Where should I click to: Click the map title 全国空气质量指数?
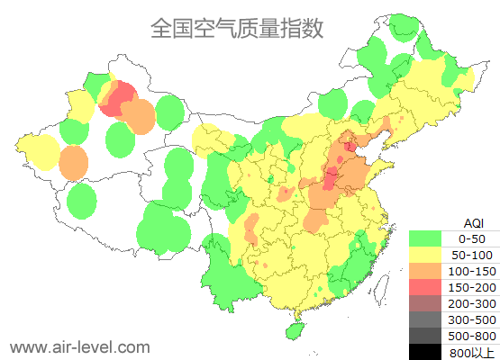pyautogui.click(x=237, y=29)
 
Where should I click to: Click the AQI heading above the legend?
pyautogui.click(x=472, y=222)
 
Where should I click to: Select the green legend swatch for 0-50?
pyautogui.click(x=425, y=238)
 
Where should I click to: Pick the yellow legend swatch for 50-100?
pyautogui.click(x=425, y=255)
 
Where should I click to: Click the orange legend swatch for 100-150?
pyautogui.click(x=425, y=271)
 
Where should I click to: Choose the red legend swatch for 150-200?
pyautogui.click(x=425, y=287)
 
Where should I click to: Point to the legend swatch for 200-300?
pyautogui.click(x=425, y=303)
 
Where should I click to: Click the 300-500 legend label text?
pyautogui.click(x=472, y=319)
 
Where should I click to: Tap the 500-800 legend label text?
pyautogui.click(x=472, y=336)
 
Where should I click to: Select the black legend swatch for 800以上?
pyautogui.click(x=425, y=351)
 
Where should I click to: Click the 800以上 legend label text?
pyautogui.click(x=472, y=352)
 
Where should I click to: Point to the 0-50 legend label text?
pyautogui.click(x=472, y=238)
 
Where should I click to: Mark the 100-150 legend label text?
pyautogui.click(x=472, y=271)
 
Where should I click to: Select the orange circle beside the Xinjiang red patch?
pyautogui.click(x=138, y=116)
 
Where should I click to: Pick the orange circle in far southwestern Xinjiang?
pyautogui.click(x=74, y=163)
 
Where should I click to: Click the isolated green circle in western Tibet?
pyautogui.click(x=82, y=201)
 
